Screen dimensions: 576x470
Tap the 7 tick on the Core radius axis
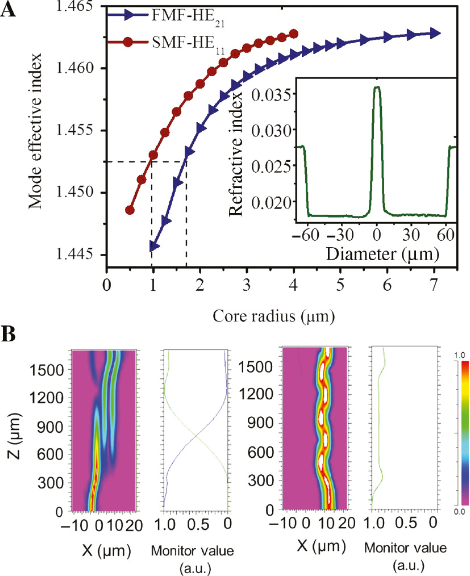click(x=434, y=285)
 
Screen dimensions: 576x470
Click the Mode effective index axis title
click(x=36, y=131)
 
